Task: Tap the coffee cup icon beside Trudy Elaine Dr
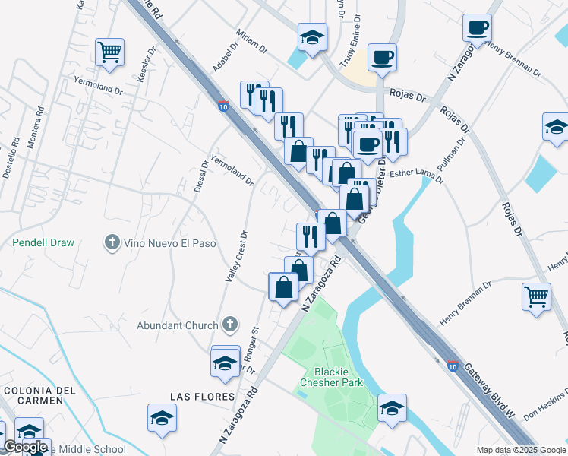tap(382, 57)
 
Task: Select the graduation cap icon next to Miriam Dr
tap(311, 37)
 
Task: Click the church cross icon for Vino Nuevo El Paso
tap(112, 244)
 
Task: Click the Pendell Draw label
tap(43, 243)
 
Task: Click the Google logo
tap(25, 448)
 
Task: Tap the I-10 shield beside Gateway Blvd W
tap(453, 366)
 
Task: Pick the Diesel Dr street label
tap(201, 176)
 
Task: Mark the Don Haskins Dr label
tap(546, 407)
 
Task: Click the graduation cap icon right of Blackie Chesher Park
tap(392, 408)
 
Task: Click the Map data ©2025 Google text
tap(521, 450)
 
